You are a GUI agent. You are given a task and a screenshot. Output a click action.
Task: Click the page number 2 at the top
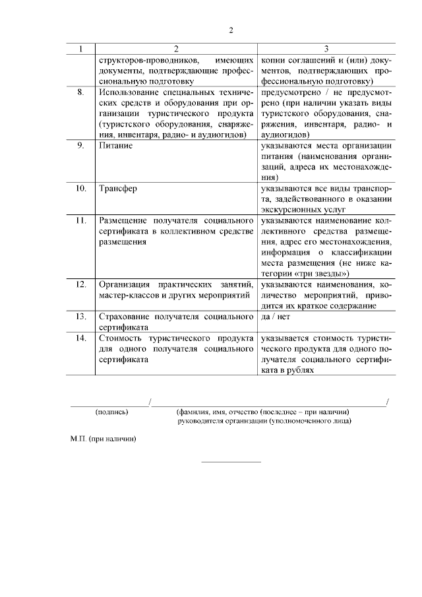(231, 30)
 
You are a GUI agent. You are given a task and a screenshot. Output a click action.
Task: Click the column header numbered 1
(80, 49)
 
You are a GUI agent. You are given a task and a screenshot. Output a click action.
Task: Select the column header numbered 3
(326, 49)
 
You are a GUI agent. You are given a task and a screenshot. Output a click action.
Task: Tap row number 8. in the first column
(80, 92)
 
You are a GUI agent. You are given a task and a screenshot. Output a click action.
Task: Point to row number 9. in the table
(80, 145)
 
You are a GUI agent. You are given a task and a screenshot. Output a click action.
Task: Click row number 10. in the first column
(80, 188)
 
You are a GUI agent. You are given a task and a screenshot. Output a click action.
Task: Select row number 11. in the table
(80, 219)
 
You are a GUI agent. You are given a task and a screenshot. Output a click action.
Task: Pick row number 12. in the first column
(80, 284)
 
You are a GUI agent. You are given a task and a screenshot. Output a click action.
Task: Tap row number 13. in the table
(80, 317)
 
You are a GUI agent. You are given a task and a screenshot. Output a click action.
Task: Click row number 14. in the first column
(80, 338)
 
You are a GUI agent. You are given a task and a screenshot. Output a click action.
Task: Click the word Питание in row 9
(115, 145)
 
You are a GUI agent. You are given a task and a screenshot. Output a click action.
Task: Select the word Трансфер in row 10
(118, 188)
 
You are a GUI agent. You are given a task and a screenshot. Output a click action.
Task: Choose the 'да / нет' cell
(276, 317)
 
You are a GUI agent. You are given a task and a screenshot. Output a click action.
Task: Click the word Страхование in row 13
(126, 317)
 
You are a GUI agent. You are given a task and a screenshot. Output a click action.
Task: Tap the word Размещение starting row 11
(125, 219)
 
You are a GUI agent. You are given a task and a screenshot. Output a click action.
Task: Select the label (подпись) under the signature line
(112, 412)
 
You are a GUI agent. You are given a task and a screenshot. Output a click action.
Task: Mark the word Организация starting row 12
(126, 284)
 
